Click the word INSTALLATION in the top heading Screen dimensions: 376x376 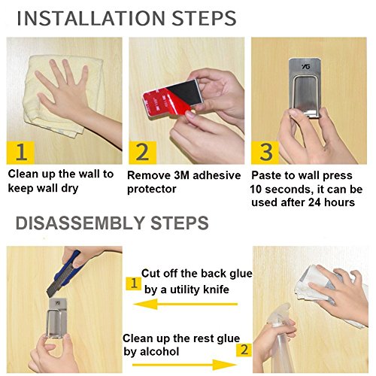click(x=90, y=18)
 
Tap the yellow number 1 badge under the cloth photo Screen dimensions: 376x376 click(x=20, y=153)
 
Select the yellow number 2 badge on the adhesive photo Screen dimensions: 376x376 click(x=143, y=153)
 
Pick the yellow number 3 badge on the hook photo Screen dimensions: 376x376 click(x=265, y=153)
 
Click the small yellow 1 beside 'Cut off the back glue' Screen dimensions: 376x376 click(x=134, y=284)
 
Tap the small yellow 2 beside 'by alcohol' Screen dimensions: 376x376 click(x=244, y=349)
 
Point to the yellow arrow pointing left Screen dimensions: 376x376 click(x=186, y=305)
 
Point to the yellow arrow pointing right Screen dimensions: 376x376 click(x=184, y=365)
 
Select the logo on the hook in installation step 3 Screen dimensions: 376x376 click(x=306, y=66)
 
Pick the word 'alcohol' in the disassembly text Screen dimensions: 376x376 click(x=159, y=351)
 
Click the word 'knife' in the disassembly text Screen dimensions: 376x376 click(x=216, y=290)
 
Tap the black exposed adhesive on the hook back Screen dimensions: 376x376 click(x=186, y=92)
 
